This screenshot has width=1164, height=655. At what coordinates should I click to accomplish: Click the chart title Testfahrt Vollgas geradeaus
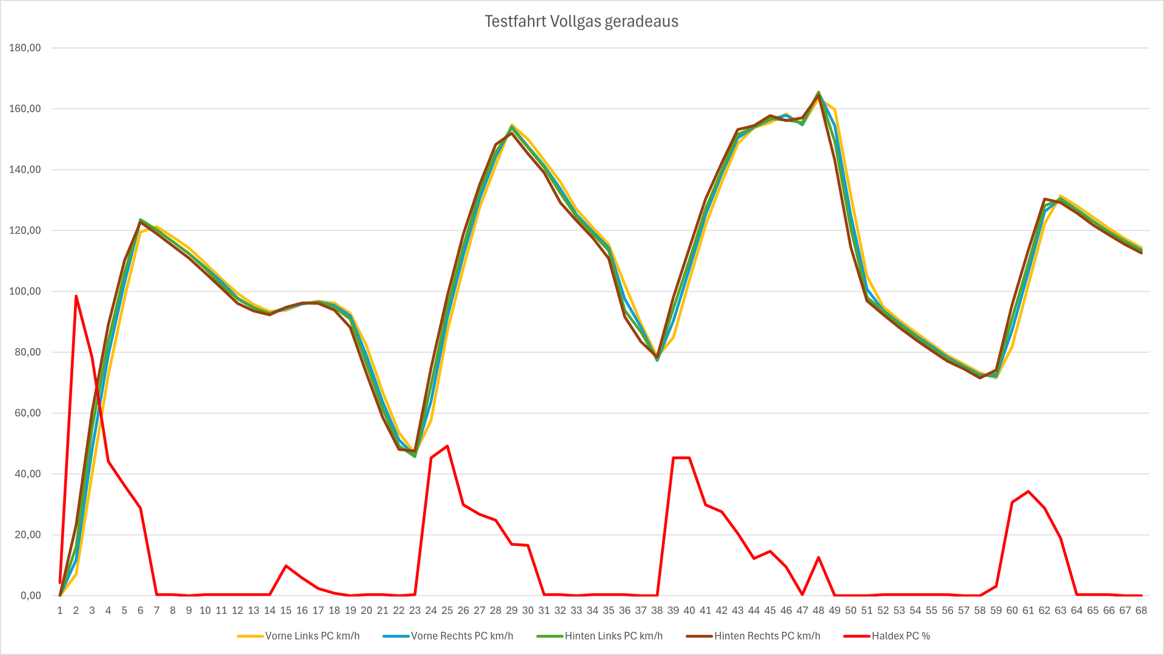(x=581, y=22)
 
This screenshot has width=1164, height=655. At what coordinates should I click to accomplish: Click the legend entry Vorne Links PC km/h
(x=312, y=636)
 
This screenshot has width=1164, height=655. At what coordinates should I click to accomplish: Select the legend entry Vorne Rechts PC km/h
(x=461, y=636)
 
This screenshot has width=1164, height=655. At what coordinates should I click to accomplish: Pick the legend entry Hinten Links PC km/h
(x=613, y=636)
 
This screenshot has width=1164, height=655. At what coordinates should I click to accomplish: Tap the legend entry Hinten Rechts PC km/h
(x=766, y=636)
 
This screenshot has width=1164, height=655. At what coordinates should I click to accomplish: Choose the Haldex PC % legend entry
(x=900, y=636)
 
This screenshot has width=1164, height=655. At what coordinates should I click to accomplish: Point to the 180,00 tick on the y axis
(x=25, y=48)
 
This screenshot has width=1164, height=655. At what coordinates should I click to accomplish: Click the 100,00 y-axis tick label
(x=25, y=291)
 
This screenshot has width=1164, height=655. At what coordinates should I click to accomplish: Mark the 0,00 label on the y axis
(x=30, y=596)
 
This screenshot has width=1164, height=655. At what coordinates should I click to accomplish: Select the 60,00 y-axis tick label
(x=27, y=413)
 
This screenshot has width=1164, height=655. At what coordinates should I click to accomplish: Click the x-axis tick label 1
(x=60, y=611)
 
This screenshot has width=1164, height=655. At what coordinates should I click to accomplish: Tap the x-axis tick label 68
(x=1141, y=611)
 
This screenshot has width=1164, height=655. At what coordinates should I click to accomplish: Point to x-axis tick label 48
(x=818, y=611)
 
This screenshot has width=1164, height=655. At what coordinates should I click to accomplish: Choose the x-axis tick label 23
(x=415, y=611)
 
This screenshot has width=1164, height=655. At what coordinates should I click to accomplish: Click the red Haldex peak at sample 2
(x=76, y=296)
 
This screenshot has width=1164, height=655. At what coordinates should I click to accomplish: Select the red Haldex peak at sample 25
(x=447, y=446)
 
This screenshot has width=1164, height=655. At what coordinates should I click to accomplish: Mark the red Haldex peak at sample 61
(x=1028, y=491)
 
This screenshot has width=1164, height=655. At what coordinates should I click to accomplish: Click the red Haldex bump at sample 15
(x=286, y=566)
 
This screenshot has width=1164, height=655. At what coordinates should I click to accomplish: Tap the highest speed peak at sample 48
(x=818, y=93)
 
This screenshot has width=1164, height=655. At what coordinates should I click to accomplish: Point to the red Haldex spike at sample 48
(x=818, y=557)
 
